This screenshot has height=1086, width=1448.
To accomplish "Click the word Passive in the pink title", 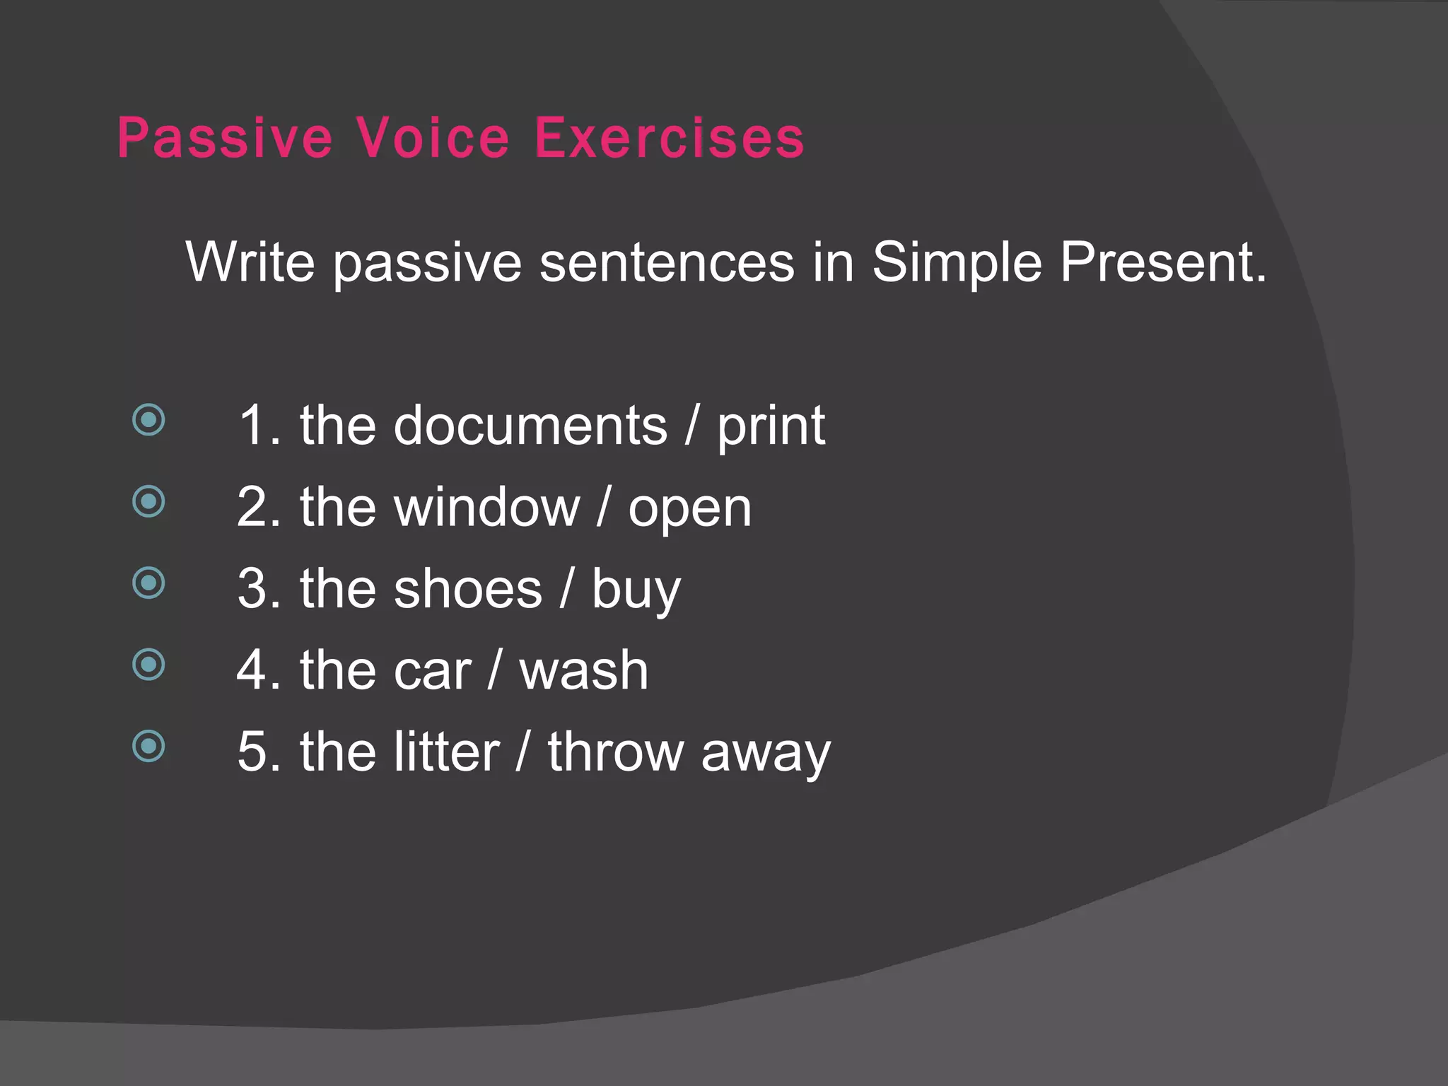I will point(225,139).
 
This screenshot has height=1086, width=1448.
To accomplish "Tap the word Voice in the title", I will point(433,139).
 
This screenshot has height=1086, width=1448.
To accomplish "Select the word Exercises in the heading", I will point(669,139).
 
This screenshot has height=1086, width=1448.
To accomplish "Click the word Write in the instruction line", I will point(250,262).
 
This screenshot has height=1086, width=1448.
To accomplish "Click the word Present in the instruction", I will point(1162,262).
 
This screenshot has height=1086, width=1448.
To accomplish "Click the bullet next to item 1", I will point(148,421).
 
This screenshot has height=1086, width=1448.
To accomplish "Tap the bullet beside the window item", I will point(148,502).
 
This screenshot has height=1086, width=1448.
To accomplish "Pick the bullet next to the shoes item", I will point(148,583).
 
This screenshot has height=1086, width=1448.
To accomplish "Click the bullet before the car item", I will point(148,665).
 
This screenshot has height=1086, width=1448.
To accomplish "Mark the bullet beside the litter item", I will point(148,746).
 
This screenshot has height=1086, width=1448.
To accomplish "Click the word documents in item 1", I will point(530,426).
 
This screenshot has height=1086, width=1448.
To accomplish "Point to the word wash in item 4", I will point(583,671).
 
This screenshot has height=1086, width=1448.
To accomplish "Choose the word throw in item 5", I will point(614,752).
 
